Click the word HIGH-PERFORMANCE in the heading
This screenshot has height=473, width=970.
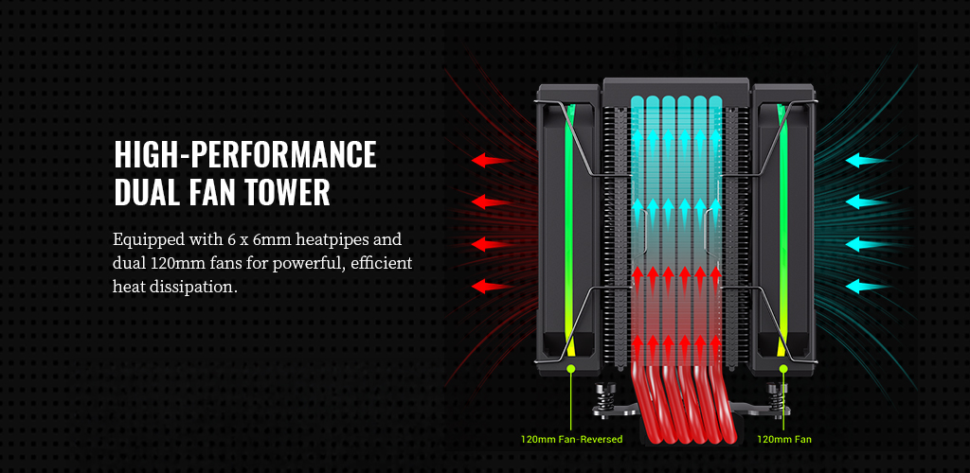(244, 153)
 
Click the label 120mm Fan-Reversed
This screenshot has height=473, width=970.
(572, 439)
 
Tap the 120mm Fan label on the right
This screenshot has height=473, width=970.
(784, 439)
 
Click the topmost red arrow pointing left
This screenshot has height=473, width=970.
(491, 160)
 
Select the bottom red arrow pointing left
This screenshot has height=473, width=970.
(491, 285)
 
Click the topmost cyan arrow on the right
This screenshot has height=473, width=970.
(866, 160)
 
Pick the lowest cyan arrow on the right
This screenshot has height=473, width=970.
(866, 285)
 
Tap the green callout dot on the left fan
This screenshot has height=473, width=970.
(572, 366)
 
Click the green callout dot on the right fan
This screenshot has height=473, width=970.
(783, 366)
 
